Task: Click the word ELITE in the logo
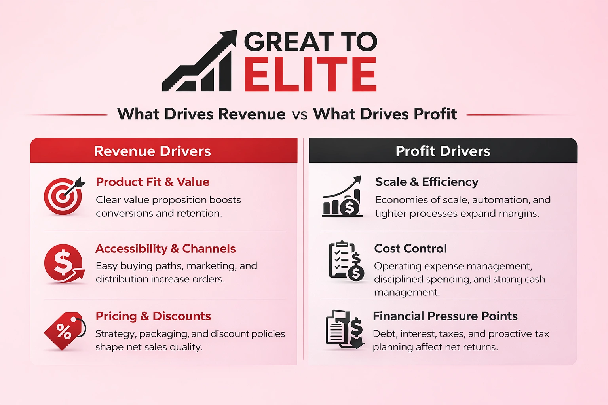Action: tap(310, 74)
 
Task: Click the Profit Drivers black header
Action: tap(443, 151)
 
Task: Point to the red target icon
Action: tap(63, 195)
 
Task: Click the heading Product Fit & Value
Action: tap(152, 182)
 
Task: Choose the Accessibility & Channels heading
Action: tap(165, 248)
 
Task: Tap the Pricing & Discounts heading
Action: tap(153, 316)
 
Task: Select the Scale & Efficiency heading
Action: tap(427, 182)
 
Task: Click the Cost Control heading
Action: tap(410, 248)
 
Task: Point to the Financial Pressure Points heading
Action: tap(445, 316)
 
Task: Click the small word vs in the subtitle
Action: tap(299, 115)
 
